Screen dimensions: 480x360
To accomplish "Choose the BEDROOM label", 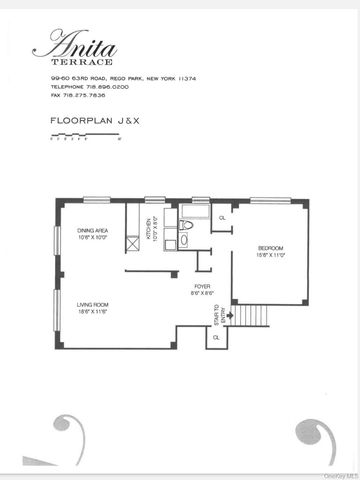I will (271, 250).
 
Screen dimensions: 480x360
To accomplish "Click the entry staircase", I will (247, 316).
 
